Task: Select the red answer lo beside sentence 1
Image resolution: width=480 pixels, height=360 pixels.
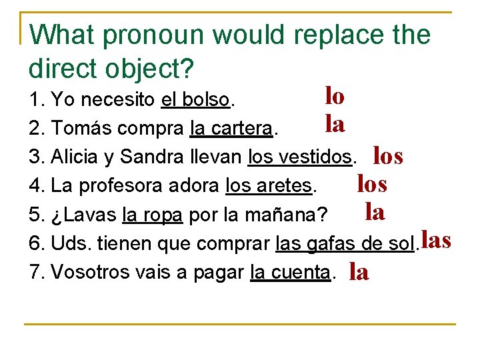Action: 335,97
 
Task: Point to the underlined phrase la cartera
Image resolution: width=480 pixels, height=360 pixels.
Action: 231,127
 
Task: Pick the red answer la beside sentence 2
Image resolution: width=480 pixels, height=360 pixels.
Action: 335,123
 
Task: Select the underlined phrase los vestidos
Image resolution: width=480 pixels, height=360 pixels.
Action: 299,157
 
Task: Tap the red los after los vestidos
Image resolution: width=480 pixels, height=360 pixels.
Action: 388,156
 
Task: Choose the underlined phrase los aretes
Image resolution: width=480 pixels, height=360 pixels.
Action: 269,184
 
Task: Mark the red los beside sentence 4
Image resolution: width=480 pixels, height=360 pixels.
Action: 372,182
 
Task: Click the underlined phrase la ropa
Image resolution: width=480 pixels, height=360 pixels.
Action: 153,215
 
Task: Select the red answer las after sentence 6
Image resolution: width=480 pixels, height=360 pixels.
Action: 437,240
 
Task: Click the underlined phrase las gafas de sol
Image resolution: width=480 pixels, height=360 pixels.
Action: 345,244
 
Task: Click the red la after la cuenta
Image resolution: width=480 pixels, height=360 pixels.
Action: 359,272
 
